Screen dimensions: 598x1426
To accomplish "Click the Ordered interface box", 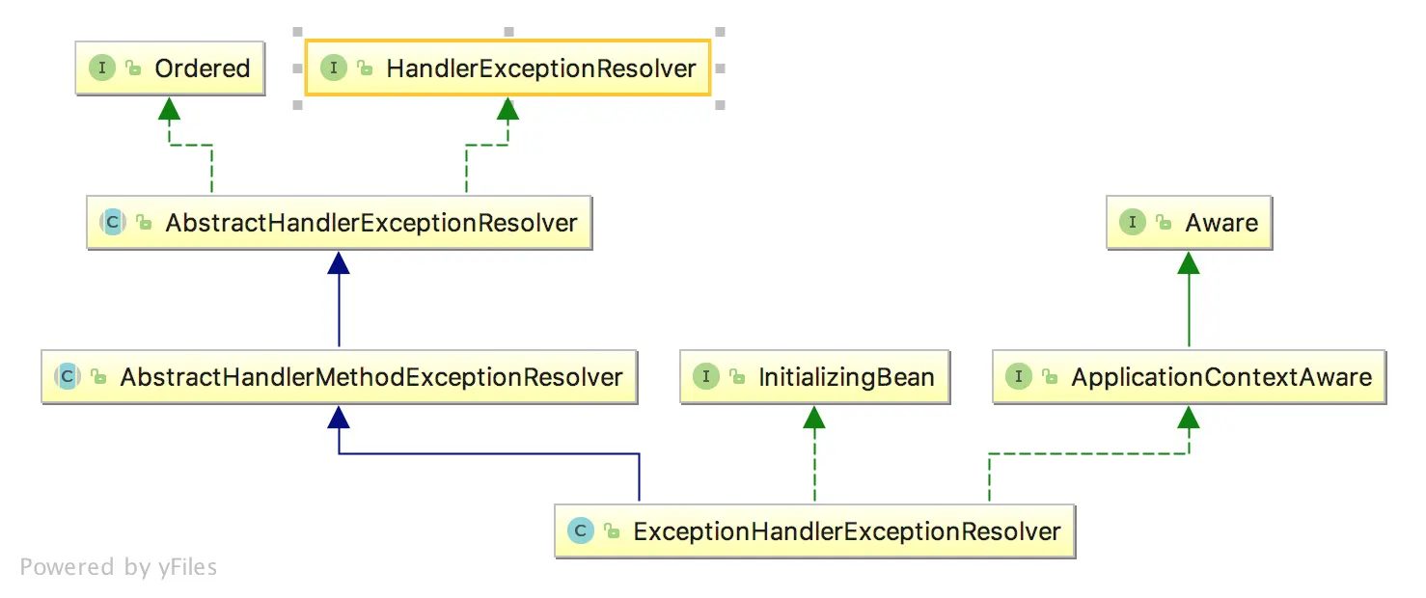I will click(170, 68).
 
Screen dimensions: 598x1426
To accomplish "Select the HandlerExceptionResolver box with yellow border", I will click(507, 68).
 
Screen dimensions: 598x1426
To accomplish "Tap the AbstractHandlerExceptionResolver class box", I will click(339, 223).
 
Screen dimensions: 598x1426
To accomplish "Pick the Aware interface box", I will click(1189, 223).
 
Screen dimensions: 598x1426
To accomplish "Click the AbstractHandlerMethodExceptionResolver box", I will click(339, 377).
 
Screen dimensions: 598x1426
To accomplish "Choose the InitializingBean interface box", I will click(815, 377).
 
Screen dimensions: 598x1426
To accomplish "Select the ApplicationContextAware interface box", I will click(1189, 377).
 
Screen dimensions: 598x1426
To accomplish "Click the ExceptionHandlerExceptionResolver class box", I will click(814, 531).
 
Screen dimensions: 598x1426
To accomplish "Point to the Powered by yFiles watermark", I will click(119, 567).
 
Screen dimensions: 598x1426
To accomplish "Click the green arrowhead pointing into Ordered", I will click(170, 108).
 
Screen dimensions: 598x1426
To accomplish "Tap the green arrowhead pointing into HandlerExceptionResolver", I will click(507, 108).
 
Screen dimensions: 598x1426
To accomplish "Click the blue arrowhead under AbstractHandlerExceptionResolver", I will click(339, 262).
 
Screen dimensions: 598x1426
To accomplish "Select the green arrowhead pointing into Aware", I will click(1189, 262).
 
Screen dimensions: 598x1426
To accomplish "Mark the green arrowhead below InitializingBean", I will click(815, 417).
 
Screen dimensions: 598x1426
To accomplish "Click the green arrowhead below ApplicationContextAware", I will click(1189, 417).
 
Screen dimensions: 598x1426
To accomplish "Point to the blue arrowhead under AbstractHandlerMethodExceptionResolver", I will click(339, 417).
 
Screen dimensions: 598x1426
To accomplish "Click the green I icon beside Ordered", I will click(102, 68).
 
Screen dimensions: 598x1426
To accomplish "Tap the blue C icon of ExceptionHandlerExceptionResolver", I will click(581, 530).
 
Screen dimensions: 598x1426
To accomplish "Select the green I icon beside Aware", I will click(1132, 222).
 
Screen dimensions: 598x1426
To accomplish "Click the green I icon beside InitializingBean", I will click(706, 376).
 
